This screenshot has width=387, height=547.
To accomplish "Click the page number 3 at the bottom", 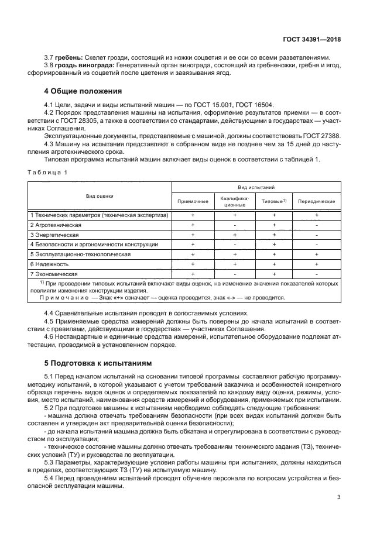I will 339,498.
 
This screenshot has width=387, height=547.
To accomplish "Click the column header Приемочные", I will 193,201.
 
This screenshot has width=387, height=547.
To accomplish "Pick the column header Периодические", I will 316,201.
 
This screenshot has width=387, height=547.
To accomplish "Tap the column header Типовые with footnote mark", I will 274,201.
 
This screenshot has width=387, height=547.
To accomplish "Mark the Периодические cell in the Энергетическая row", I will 316,235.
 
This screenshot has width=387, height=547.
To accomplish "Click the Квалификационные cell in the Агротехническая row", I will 234,225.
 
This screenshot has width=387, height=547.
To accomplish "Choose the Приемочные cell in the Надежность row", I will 193,264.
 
